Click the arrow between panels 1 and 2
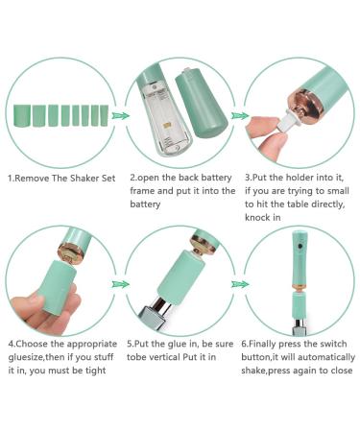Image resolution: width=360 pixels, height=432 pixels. point(120,115)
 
